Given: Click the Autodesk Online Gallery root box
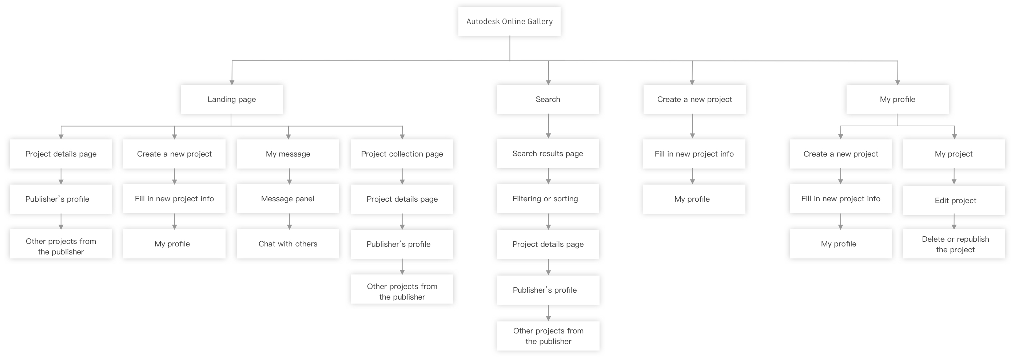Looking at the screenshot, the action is pos(509,21).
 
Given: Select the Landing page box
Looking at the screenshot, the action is pos(232,99).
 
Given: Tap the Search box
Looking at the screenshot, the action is pos(548,99).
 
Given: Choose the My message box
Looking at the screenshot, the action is pos(288,154).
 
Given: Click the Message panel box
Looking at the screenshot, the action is pos(288,199).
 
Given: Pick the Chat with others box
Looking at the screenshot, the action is pos(288,244).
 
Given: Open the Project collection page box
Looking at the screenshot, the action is pos(402,154).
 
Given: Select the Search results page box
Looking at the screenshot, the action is pos(548,154).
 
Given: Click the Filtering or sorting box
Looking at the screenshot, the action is pos(548,199).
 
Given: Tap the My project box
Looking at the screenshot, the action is pos(954,154).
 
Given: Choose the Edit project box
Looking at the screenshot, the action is pos(954,201).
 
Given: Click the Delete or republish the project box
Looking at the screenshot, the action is pos(954,244).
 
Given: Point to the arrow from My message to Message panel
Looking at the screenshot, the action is pos(289,177).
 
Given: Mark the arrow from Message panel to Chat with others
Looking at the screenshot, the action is pos(289,222).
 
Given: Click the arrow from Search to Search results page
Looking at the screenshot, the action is pos(548,126).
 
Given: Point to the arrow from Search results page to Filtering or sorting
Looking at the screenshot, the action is pos(548,177).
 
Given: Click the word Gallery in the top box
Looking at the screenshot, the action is pos(540,22).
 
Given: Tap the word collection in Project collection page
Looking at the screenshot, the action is pos(404,154).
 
